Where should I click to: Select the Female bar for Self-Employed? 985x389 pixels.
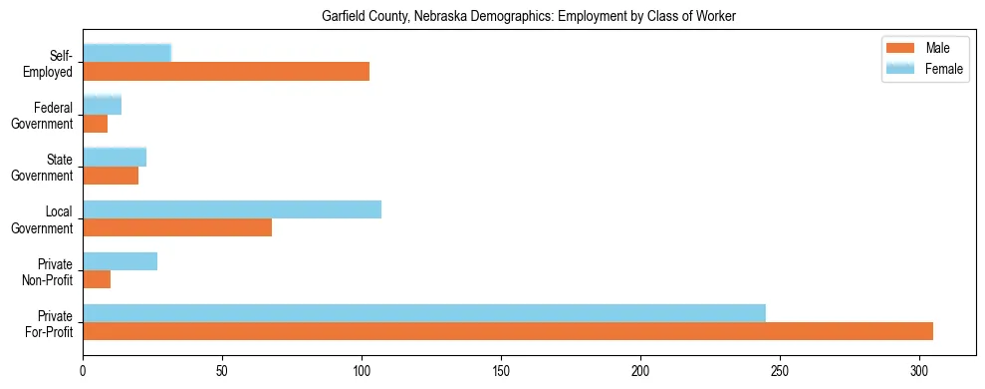(126, 53)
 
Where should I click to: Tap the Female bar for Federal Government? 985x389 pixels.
(102, 105)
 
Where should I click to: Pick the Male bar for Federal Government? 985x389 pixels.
(95, 124)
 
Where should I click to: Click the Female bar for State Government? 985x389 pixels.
(115, 157)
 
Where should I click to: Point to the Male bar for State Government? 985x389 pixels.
(111, 176)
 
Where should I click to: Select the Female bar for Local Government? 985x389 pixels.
(232, 208)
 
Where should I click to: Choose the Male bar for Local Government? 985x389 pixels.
(177, 227)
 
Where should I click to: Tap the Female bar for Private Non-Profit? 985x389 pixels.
(120, 261)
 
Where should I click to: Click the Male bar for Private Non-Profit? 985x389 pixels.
(97, 279)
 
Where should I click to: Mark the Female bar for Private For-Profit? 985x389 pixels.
(424, 313)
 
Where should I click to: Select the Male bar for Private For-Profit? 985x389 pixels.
(508, 331)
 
